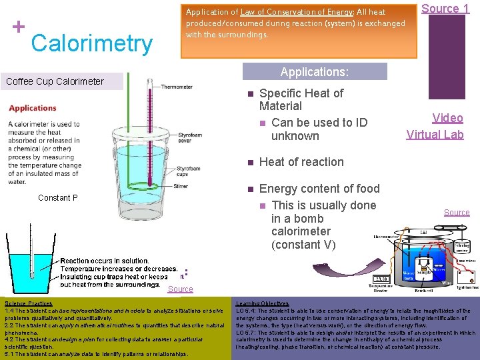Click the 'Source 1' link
446,9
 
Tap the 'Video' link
447,118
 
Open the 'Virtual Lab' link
435,134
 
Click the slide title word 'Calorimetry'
92,43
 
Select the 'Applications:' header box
314,72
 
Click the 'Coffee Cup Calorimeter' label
55,81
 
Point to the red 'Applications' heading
33,108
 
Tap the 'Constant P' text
58,198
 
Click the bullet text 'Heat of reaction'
301,162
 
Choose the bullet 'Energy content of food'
319,189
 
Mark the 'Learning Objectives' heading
262,303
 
